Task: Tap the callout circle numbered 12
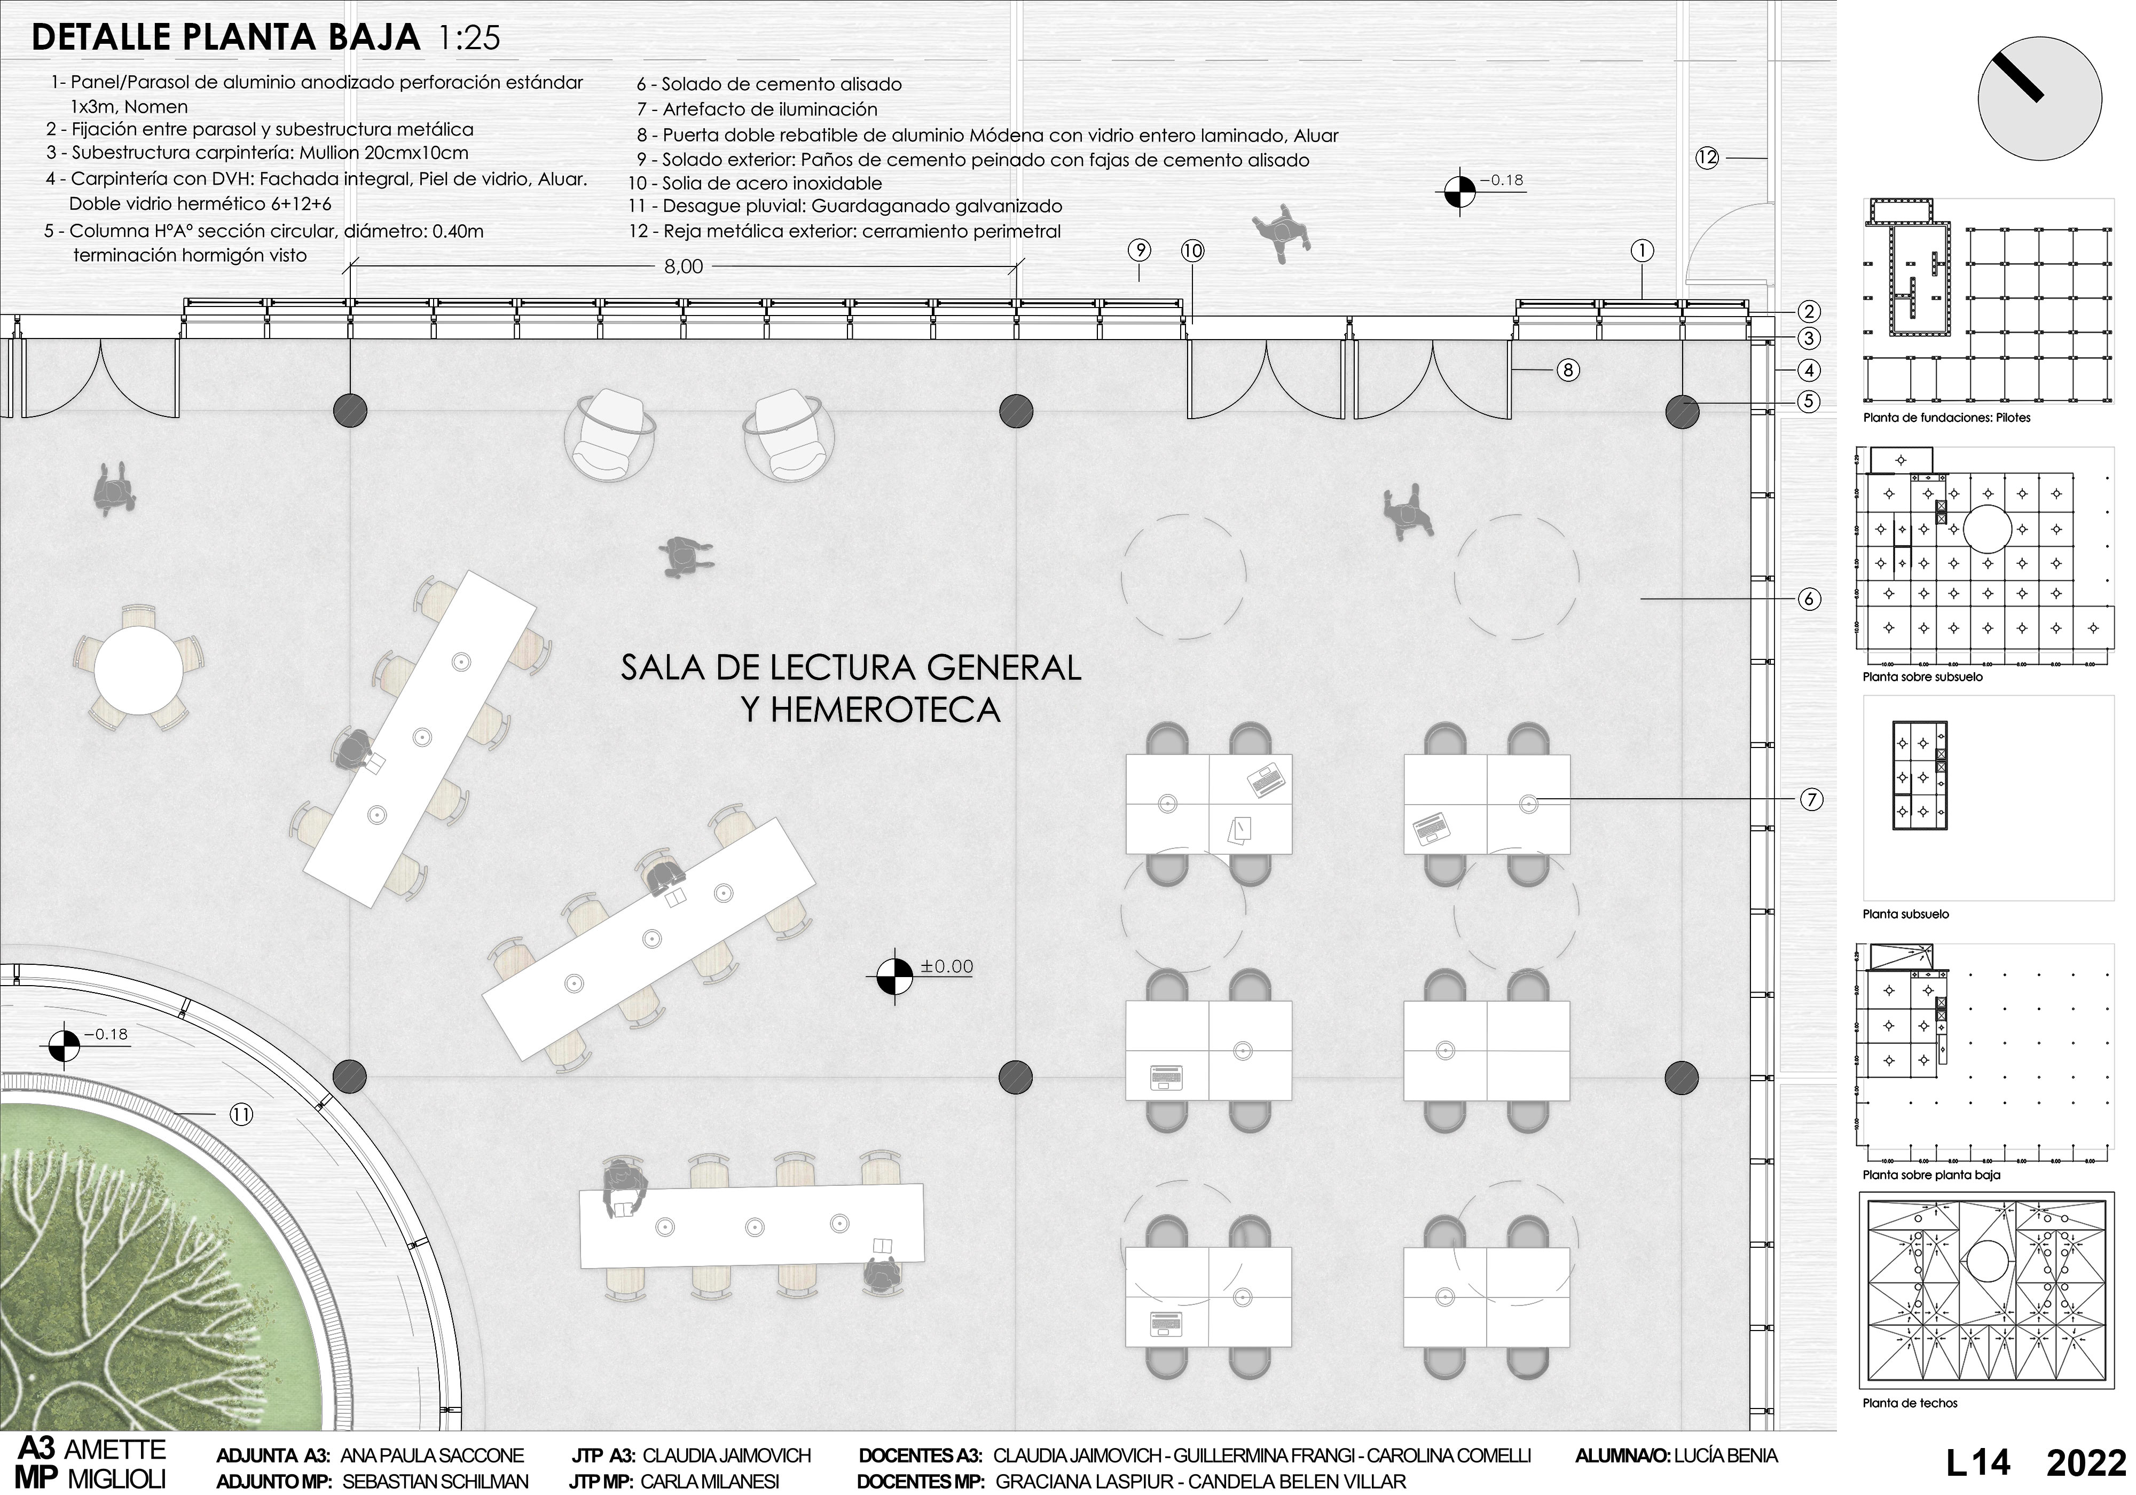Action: [x=1707, y=158]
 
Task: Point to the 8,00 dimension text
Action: [x=683, y=267]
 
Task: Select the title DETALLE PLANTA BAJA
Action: [x=226, y=38]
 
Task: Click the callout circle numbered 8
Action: [x=1568, y=370]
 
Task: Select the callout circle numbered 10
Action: [x=1192, y=250]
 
